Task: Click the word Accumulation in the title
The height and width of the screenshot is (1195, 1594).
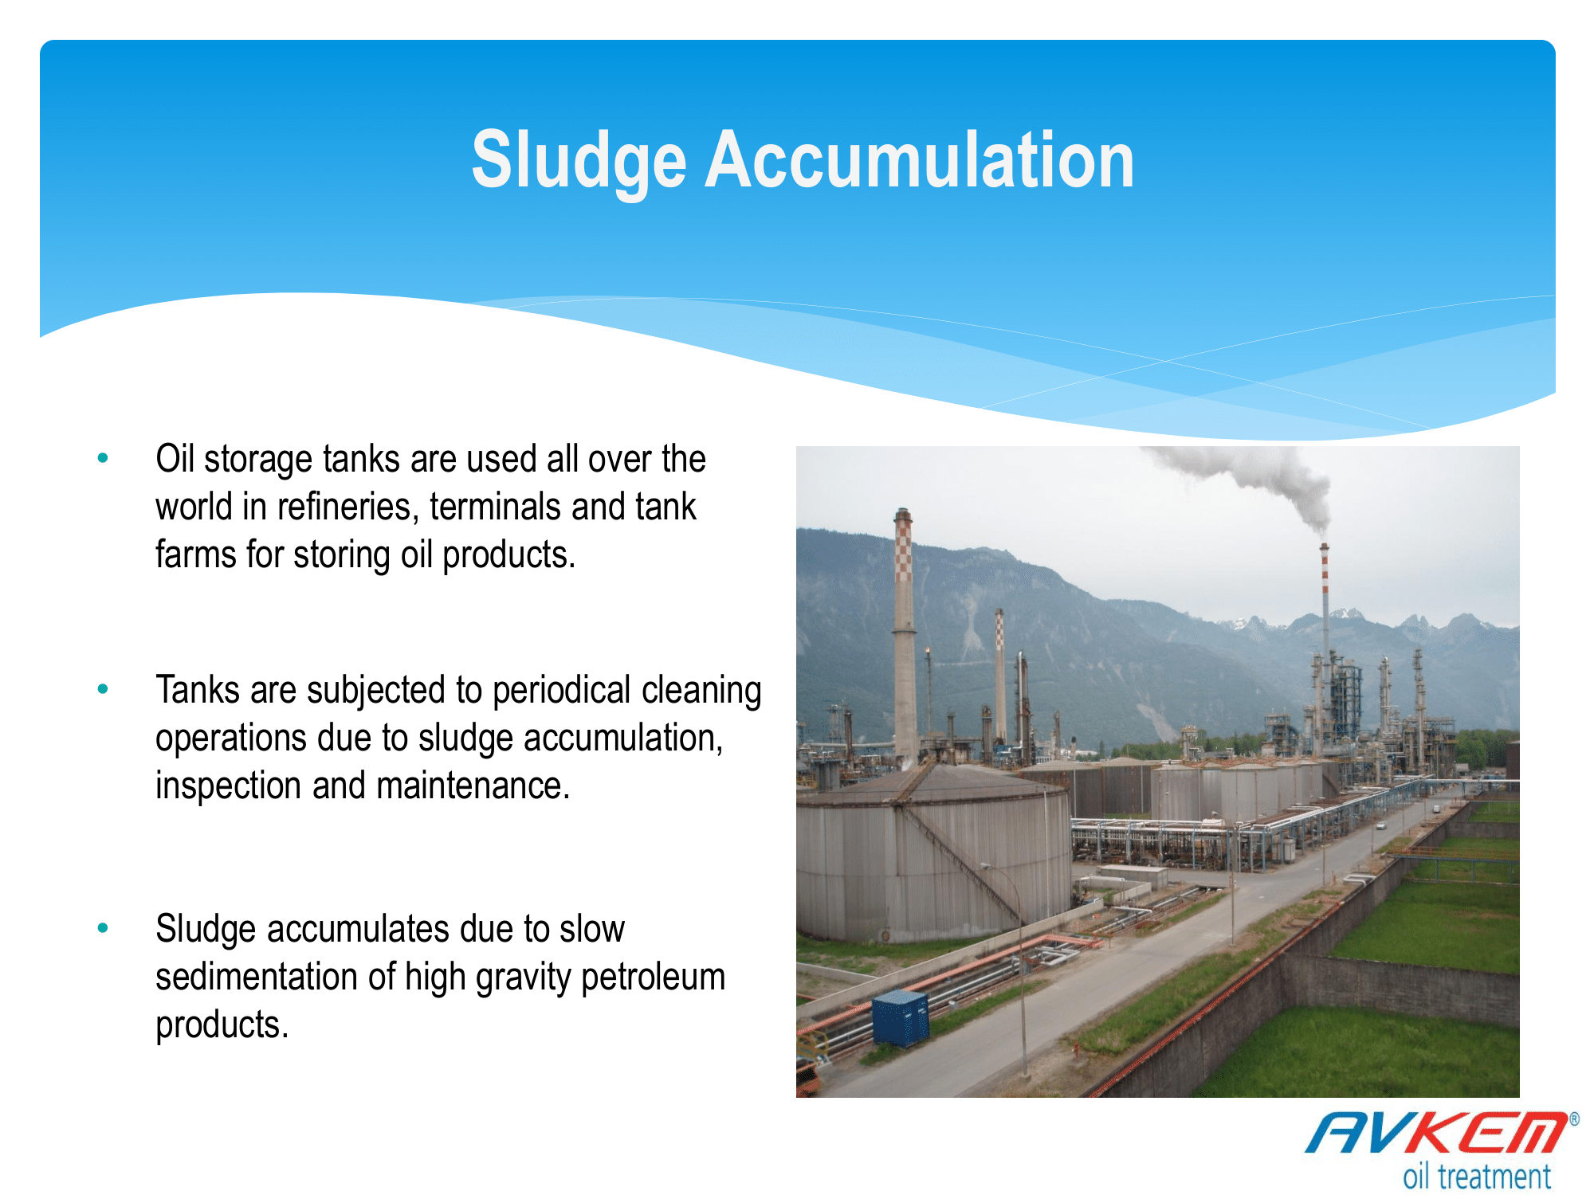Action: [x=920, y=160]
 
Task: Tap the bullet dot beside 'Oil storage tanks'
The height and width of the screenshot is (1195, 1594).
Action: [x=103, y=458]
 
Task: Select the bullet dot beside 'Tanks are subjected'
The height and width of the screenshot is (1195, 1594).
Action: [x=103, y=689]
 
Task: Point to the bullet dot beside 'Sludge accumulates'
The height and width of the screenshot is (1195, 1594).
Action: [x=103, y=928]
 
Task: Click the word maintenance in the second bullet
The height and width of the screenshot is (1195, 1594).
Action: [x=473, y=786]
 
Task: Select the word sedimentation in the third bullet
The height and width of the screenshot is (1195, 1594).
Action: [x=257, y=977]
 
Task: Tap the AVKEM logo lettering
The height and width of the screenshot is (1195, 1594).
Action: [x=1435, y=1133]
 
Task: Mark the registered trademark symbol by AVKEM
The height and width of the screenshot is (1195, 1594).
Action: [x=1574, y=1119]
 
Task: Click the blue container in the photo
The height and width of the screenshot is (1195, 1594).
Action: [x=901, y=1018]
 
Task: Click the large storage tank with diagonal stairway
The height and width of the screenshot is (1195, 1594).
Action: [x=932, y=852]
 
